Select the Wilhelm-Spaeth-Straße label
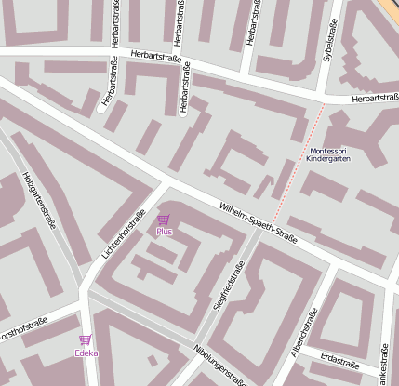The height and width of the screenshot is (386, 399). [x=258, y=223]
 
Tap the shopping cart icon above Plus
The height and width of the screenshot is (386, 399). [x=164, y=220]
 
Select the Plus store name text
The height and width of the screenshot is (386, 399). [x=164, y=232]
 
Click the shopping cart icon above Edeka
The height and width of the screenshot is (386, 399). [x=86, y=340]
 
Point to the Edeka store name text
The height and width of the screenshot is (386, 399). [x=86, y=353]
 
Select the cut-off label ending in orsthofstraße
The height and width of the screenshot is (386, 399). [x=22, y=326]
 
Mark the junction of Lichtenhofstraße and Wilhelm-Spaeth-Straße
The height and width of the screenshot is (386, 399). [x=161, y=184]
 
